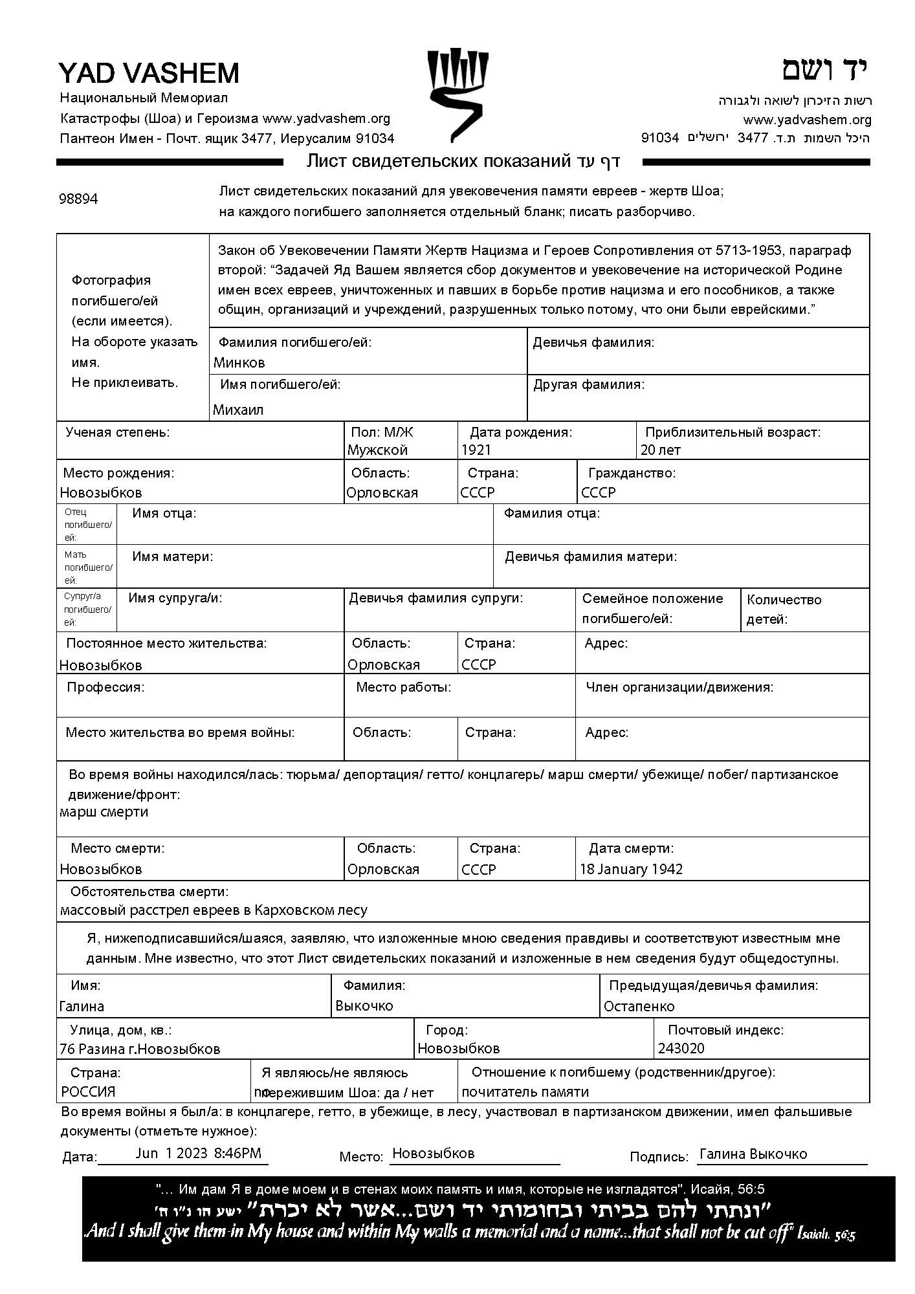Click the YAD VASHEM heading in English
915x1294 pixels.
click(x=149, y=73)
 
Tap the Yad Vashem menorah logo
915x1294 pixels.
click(x=457, y=94)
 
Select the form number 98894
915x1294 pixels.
click(x=78, y=199)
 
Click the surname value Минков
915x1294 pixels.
click(x=239, y=362)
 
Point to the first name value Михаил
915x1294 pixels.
click(x=238, y=410)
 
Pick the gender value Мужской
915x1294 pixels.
click(x=377, y=450)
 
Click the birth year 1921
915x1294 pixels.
click(x=476, y=450)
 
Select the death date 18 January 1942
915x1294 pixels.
click(x=631, y=869)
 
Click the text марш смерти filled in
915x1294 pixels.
click(x=104, y=811)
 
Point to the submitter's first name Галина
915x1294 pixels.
click(x=82, y=1006)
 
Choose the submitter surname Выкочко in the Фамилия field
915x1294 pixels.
click(x=364, y=1005)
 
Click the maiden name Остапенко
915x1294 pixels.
click(x=639, y=1006)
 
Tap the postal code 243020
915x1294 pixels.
click(x=681, y=1048)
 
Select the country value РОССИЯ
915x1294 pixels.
click(x=88, y=1091)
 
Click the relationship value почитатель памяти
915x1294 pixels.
click(x=525, y=1091)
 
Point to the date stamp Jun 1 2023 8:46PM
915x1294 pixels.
click(x=198, y=1152)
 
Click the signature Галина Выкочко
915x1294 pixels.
click(x=753, y=1154)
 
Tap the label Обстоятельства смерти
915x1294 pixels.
click(x=149, y=892)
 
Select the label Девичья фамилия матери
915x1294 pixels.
click(x=591, y=556)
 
